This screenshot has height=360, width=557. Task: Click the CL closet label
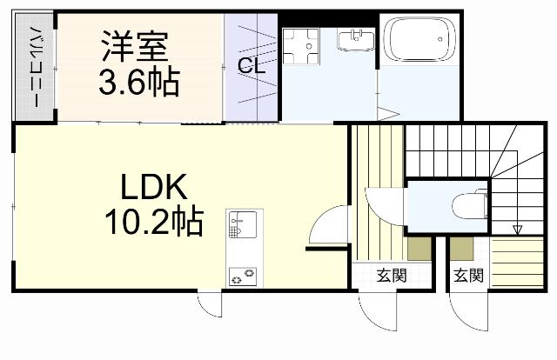coord(251,65)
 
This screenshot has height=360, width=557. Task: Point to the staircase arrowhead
coord(517,230)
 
